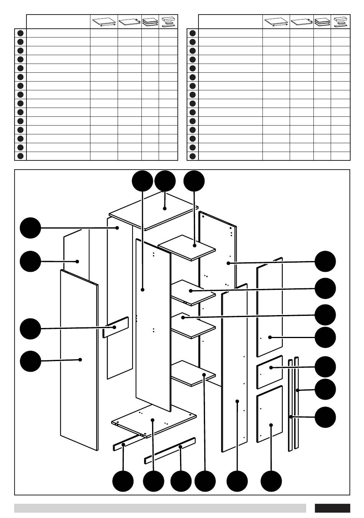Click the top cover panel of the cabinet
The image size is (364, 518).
coord(153,212)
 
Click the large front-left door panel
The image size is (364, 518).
coord(79,360)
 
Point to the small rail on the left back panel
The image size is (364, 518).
coord(115,327)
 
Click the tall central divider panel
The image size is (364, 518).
coord(153,325)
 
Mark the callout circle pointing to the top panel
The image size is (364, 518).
coord(165,181)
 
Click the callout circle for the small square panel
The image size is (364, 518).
coord(325,366)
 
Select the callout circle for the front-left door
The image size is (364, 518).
coord(30,361)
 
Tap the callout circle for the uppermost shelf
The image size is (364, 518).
coord(194,181)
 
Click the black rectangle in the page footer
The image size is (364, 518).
coord(332,508)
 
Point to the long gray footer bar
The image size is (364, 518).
coord(160,508)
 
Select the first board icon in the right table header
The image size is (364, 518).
coord(276,22)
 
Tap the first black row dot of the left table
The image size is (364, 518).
coord(20,33)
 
